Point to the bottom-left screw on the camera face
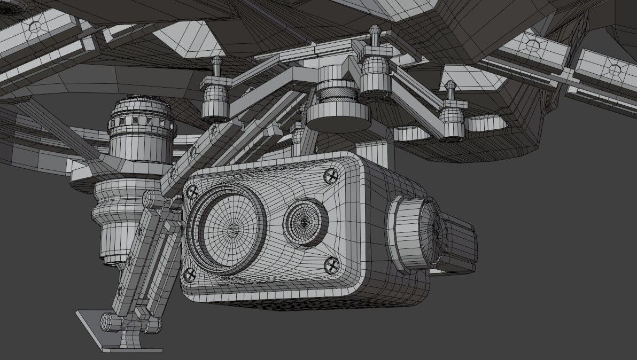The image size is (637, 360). tap(190, 275)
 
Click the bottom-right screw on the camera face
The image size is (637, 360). tap(332, 263)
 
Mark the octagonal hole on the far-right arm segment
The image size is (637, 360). tap(615, 69)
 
